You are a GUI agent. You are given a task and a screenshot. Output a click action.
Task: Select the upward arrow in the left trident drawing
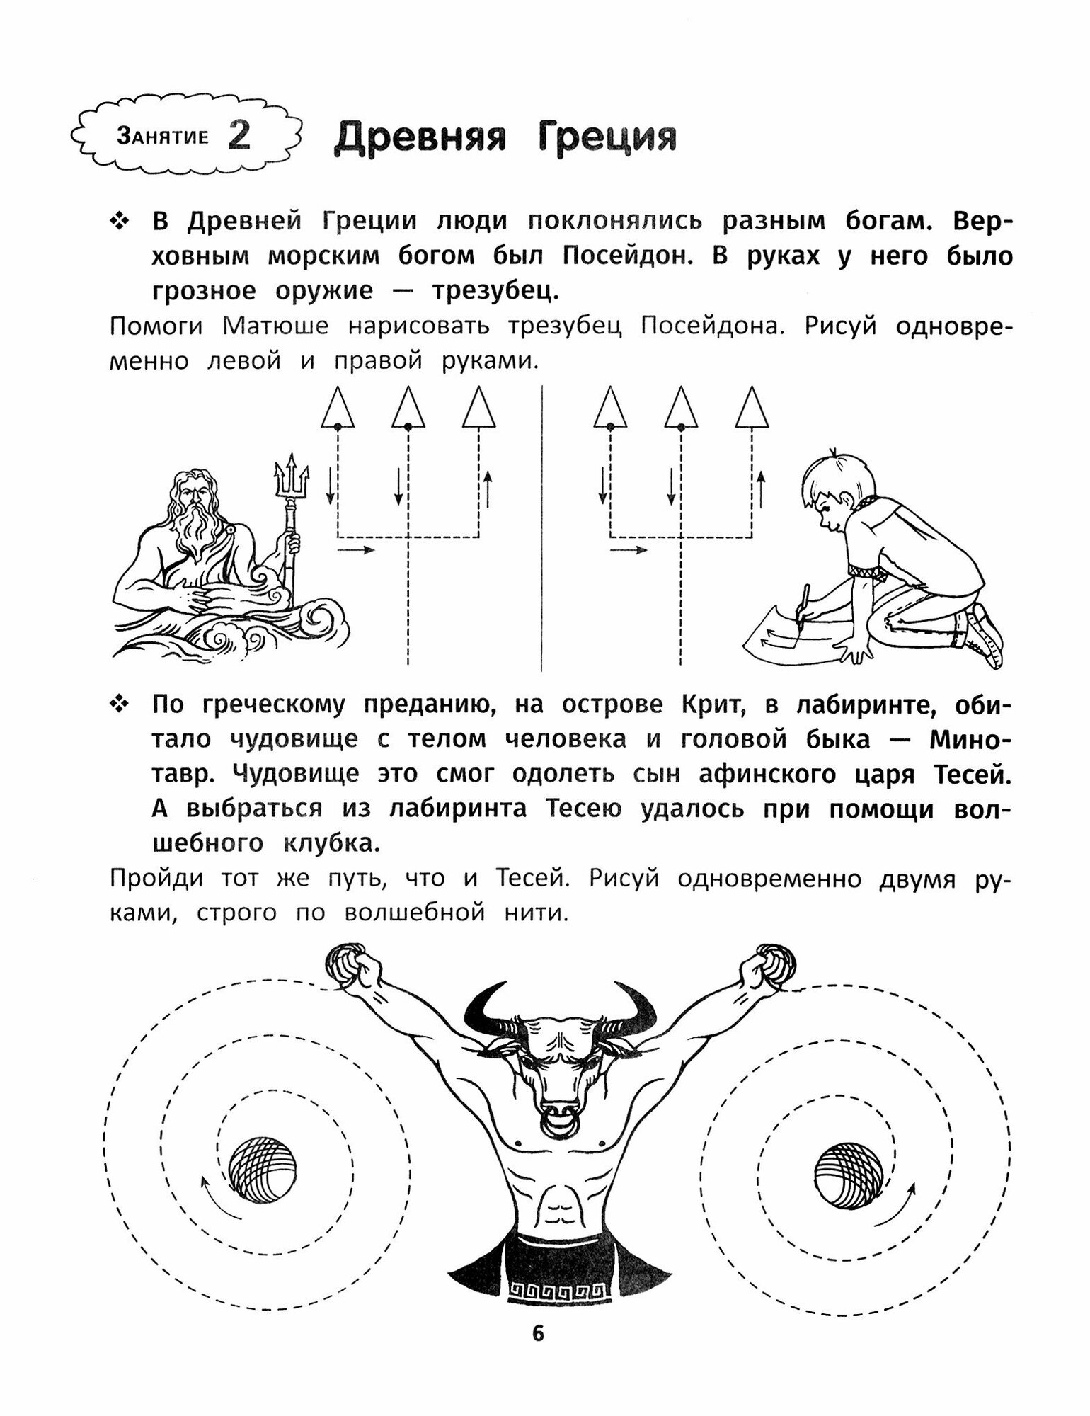click(488, 489)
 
